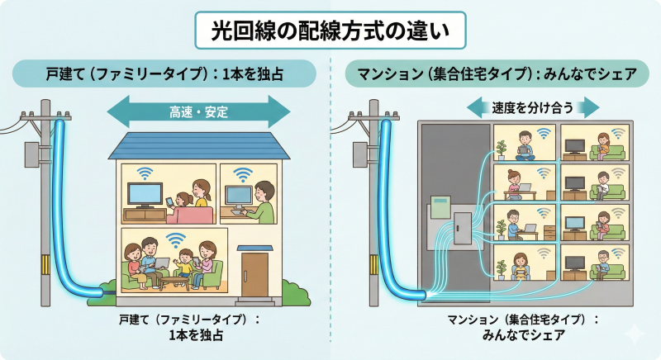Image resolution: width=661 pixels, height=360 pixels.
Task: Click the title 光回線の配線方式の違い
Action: (330, 33)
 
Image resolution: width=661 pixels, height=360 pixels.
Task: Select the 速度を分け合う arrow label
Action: (533, 107)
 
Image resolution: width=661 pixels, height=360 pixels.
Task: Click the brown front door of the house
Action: (255, 273)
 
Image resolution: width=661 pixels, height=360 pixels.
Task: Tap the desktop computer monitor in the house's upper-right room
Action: (239, 196)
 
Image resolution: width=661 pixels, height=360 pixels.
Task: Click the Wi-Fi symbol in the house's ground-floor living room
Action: (175, 240)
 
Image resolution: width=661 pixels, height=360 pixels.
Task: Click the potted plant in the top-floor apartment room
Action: (501, 149)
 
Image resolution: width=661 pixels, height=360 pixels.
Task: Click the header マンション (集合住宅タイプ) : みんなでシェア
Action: (497, 74)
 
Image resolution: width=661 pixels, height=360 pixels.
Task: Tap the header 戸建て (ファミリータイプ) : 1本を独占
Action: (164, 74)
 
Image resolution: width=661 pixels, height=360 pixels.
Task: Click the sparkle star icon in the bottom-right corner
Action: (635, 334)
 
